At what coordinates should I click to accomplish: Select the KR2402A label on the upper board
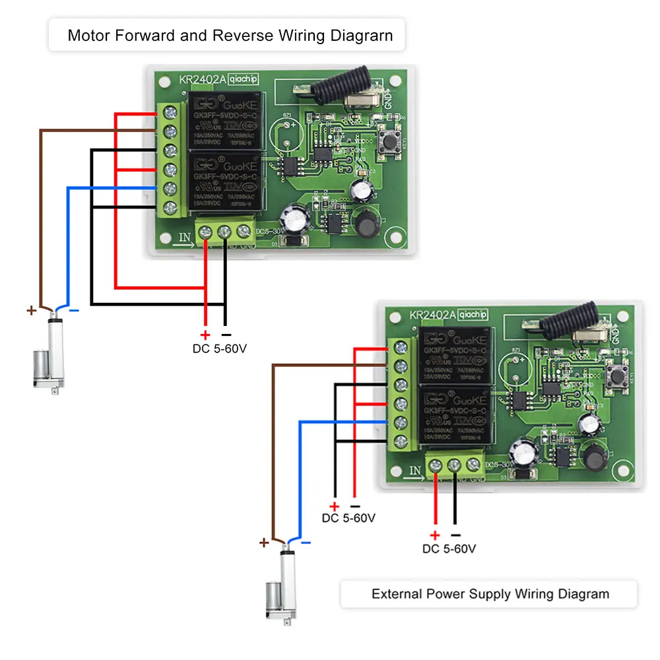coord(202,80)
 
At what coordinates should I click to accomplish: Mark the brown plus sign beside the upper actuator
coord(31,310)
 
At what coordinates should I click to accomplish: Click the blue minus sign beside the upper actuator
coord(74,310)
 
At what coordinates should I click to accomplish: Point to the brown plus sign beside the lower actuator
coord(263,543)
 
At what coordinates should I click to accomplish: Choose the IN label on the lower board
coord(414,470)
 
